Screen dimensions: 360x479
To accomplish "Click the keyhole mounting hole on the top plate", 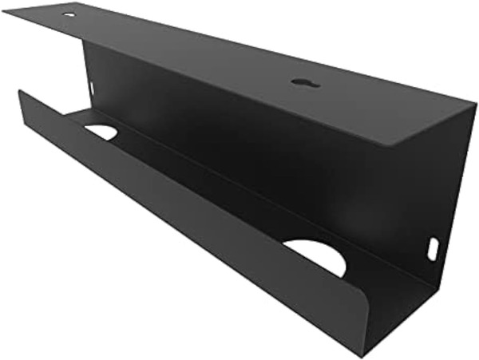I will (305, 82).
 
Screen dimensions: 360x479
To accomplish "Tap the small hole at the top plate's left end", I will (69, 14).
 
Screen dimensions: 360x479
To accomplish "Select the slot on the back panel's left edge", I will (91, 89).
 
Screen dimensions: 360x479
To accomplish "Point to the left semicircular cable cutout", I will (101, 131).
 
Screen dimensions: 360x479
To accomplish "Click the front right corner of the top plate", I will (398, 145).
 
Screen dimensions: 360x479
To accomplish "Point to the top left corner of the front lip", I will (19, 92).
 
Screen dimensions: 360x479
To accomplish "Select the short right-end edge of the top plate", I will (437, 125).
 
